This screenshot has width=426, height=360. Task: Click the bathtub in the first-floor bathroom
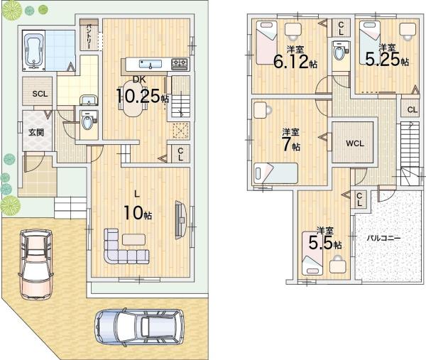tap(34, 50)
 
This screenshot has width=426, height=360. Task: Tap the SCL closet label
tap(40, 94)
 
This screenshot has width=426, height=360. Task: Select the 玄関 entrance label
tap(36, 132)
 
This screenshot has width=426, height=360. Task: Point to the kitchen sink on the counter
tap(151, 64)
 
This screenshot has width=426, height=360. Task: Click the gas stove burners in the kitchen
tap(180, 65)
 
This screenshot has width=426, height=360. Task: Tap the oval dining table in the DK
tap(132, 99)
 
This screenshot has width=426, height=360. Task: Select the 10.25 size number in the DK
tap(138, 95)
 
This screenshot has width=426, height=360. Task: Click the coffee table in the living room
tap(133, 239)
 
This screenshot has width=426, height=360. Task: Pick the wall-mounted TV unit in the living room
tap(180, 220)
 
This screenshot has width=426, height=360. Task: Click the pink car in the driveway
tap(36, 264)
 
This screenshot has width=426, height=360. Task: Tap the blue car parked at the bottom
tap(139, 327)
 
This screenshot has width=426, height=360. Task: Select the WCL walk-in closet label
tap(355, 143)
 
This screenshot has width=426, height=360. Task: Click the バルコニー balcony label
tap(383, 239)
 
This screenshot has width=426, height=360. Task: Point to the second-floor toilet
tap(340, 51)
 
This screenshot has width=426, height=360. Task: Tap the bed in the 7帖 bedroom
tap(275, 173)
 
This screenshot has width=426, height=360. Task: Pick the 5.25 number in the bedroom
tap(383, 60)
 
